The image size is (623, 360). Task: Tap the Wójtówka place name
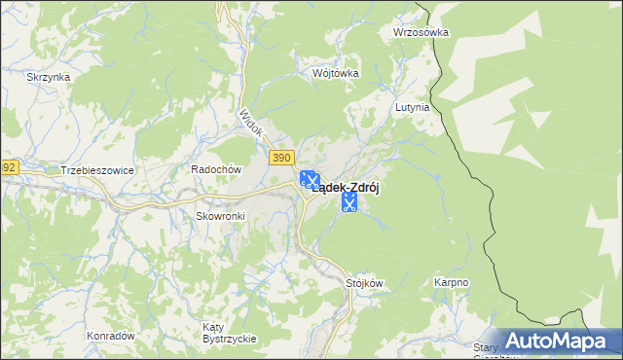pos(336,73)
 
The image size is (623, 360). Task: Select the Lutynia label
pos(412,107)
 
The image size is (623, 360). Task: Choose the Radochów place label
pos(215,168)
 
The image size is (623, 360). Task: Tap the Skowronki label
pos(219,215)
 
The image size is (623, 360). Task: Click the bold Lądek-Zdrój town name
pos(345,191)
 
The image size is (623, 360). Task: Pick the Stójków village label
pos(365,283)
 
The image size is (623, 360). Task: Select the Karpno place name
pos(451,283)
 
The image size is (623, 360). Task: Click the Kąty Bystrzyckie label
pos(229,332)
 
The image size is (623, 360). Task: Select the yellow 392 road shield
pos(8,167)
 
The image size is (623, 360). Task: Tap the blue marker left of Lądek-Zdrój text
pos(309,180)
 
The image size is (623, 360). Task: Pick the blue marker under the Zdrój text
pos(349,202)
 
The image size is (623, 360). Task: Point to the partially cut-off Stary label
pos(486,347)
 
